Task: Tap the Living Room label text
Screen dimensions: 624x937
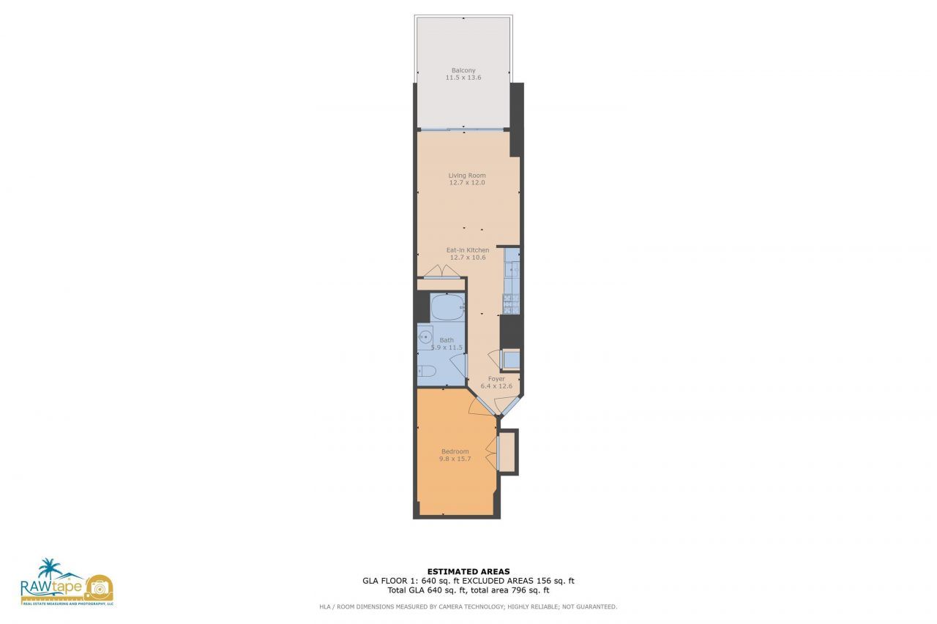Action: (x=467, y=176)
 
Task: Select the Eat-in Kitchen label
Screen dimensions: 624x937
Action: (x=468, y=250)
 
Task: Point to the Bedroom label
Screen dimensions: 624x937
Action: (x=455, y=451)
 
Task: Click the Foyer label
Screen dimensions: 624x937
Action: (x=497, y=379)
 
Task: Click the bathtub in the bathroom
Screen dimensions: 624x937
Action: (x=447, y=307)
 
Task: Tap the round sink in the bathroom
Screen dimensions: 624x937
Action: (x=425, y=338)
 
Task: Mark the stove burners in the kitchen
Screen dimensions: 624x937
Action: (x=511, y=301)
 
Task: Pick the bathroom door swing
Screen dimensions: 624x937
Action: (x=458, y=362)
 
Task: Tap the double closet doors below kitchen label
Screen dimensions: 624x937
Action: (x=442, y=272)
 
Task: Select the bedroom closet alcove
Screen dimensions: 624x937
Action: (x=507, y=452)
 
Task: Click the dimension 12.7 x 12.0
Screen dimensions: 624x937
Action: (x=467, y=183)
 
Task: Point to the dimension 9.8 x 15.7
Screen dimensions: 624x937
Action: (x=455, y=459)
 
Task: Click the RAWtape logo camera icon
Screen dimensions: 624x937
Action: (x=99, y=587)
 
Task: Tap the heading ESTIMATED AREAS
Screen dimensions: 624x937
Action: (x=468, y=571)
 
